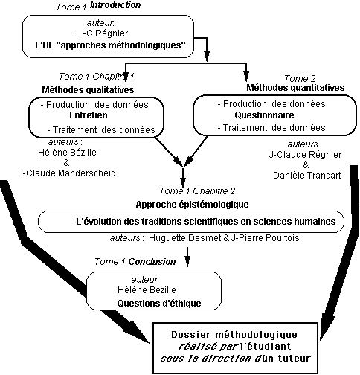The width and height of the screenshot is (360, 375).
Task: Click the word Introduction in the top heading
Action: (x=115, y=5)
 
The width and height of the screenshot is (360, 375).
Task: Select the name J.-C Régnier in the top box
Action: (x=102, y=33)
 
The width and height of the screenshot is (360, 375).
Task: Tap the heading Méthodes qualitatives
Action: (x=88, y=89)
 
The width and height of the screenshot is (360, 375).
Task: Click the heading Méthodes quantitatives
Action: (x=295, y=88)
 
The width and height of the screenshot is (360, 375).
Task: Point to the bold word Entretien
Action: (x=89, y=115)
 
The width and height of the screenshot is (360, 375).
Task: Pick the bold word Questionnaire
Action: (x=264, y=115)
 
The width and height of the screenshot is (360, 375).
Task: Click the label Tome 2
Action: (x=300, y=78)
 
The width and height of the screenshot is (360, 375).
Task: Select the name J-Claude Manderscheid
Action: (x=67, y=173)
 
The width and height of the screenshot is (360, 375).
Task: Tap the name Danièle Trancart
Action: (x=307, y=176)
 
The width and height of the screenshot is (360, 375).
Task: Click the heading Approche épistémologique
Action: (x=192, y=205)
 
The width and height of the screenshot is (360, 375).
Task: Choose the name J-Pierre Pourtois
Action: (x=265, y=238)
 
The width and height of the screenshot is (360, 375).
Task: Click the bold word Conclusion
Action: (x=152, y=262)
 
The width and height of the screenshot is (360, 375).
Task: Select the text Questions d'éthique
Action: (x=159, y=303)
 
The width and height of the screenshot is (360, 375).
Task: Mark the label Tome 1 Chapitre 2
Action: (x=197, y=191)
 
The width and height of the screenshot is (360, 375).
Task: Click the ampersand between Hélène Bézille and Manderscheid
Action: (x=66, y=163)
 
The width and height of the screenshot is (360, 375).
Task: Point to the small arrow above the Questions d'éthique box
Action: (x=187, y=257)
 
